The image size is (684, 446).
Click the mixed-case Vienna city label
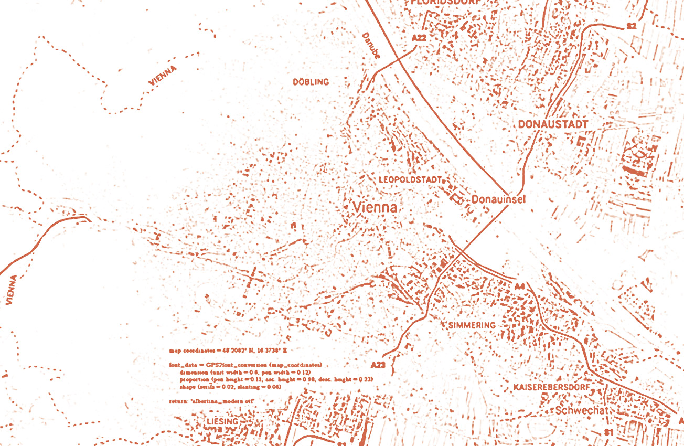[375, 207]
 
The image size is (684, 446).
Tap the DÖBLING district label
[311, 82]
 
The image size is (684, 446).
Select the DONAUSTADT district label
[553, 124]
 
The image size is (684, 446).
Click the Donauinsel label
[498, 199]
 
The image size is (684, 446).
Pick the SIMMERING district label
[472, 325]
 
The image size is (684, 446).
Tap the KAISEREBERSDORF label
[551, 387]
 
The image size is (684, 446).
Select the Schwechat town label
[581, 410]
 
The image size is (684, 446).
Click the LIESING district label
[222, 422]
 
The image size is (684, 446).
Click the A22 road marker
[419, 38]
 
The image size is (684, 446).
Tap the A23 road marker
[378, 365]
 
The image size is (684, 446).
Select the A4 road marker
[519, 286]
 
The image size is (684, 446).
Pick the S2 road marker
[632, 26]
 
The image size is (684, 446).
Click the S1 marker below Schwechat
[608, 432]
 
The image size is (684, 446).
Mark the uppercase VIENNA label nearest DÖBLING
[163, 76]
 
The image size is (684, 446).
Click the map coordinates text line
[228, 349]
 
